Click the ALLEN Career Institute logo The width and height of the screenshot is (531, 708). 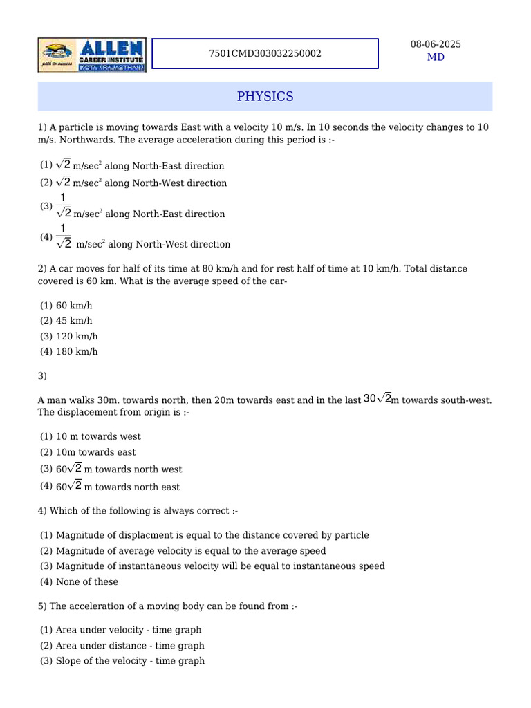(x=92, y=55)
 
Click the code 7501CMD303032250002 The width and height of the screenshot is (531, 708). (x=265, y=53)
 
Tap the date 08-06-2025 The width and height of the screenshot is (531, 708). (x=436, y=44)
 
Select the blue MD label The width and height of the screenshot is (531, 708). (x=436, y=57)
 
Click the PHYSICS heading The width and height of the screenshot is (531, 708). (x=265, y=96)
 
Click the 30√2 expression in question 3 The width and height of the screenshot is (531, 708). (x=377, y=399)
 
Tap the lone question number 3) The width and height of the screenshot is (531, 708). (x=42, y=376)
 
